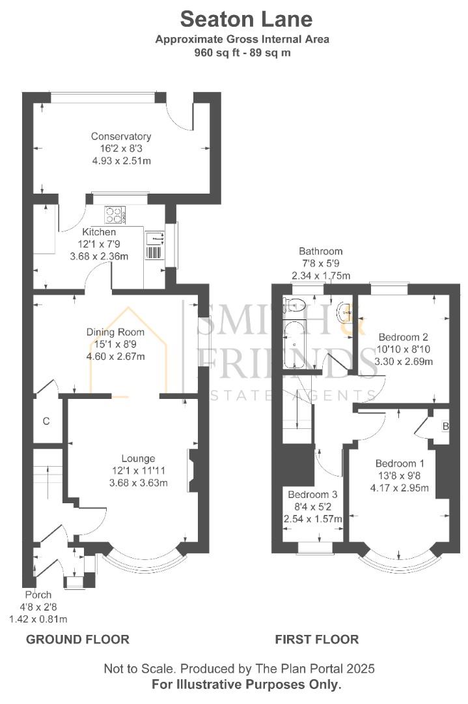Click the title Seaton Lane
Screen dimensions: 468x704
(x=246, y=20)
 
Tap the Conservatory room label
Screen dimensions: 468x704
(x=120, y=136)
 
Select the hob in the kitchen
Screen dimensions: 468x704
(x=115, y=215)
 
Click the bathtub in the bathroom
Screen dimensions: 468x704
(x=294, y=344)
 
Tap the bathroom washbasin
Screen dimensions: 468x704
(x=346, y=312)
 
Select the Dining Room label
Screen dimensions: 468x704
(x=115, y=332)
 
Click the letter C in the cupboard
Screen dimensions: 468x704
(x=46, y=421)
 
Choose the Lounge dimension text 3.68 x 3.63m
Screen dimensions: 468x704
(x=139, y=483)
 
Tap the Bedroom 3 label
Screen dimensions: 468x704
(x=312, y=494)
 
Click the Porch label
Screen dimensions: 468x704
(x=38, y=595)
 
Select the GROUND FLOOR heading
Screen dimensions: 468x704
(x=77, y=639)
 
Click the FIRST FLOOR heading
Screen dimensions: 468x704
(x=317, y=639)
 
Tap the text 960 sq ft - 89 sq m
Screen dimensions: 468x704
(x=242, y=53)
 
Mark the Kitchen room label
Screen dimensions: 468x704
(x=99, y=232)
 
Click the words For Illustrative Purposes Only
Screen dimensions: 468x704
(x=247, y=684)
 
